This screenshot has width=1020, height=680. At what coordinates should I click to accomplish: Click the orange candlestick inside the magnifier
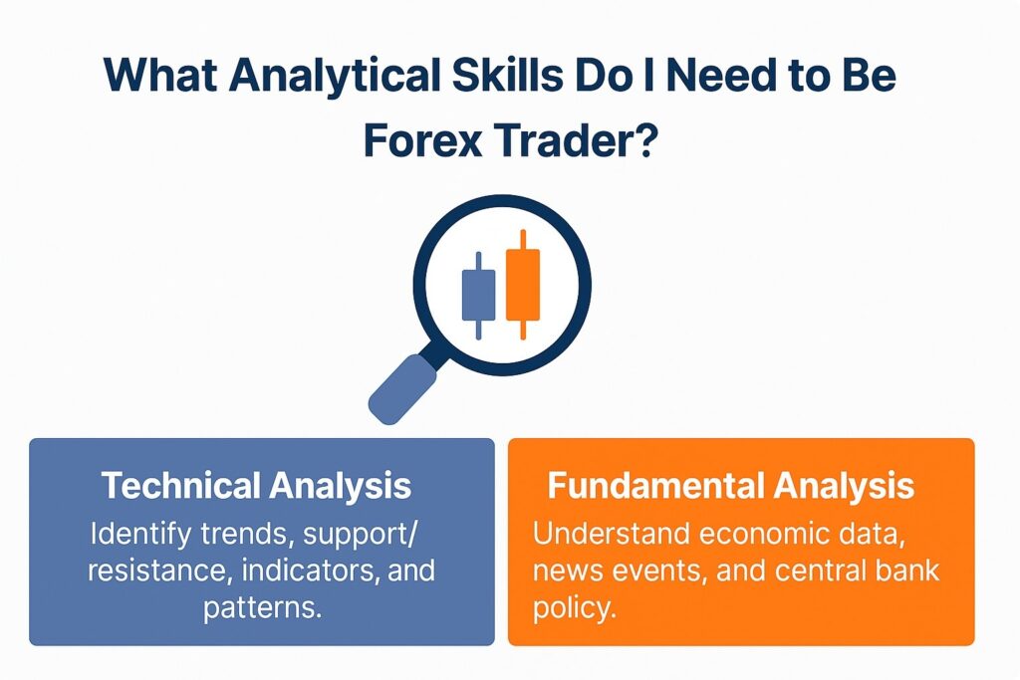[x=522, y=283]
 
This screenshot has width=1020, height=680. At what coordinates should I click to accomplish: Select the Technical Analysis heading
[x=256, y=486]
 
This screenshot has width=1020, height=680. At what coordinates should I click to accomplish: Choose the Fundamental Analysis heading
[x=731, y=486]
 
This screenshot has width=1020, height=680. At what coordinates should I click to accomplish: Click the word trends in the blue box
[x=238, y=534]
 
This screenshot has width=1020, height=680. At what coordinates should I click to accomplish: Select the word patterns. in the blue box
[x=262, y=607]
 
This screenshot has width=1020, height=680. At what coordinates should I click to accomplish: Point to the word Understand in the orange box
[x=610, y=534]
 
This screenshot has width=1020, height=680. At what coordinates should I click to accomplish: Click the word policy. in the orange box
[x=575, y=607]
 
